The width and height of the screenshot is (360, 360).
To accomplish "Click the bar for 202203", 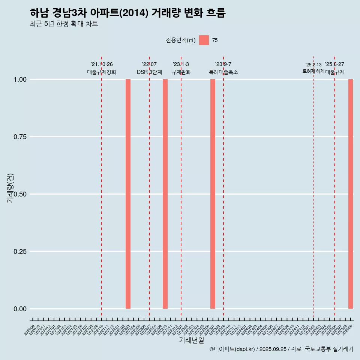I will pos(128,194).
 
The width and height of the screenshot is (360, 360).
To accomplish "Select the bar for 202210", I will pos(165,194).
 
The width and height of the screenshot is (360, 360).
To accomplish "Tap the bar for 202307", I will pos(213,194).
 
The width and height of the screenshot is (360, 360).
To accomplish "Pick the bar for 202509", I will pos(351,194).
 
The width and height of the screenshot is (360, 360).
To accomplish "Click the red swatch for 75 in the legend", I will pos(204,40).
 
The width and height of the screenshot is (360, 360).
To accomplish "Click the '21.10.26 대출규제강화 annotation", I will pos(102,68).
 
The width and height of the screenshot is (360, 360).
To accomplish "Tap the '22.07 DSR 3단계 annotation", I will pos(149,68).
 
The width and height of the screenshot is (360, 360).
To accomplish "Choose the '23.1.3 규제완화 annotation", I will pos(181,68).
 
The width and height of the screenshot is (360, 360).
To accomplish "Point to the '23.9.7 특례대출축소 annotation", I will pos(223,68).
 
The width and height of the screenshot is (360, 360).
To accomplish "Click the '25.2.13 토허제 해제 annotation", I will pos(313,68).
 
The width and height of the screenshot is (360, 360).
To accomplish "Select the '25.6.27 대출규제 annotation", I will pos(334,68).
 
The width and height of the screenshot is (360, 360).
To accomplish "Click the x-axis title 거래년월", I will pos(191,340).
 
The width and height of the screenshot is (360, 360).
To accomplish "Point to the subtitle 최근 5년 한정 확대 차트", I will pos(64,24).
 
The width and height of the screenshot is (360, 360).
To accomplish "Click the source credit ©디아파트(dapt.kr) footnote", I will pos(281,349).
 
